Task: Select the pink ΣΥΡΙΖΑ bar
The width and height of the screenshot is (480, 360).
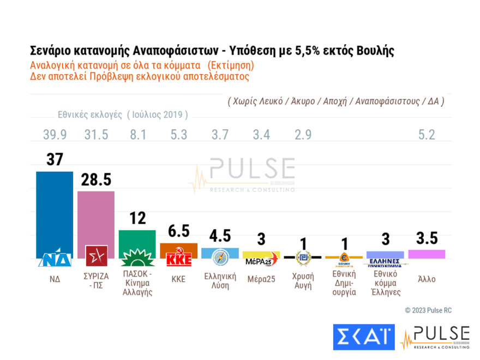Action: pos(96,218)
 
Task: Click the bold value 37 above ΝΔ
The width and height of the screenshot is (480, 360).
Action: pos(55,159)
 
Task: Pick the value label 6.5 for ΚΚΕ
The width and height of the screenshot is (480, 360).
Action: pos(178,232)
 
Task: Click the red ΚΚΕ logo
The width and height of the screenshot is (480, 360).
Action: pos(179,259)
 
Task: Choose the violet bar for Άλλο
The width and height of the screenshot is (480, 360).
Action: pos(427,254)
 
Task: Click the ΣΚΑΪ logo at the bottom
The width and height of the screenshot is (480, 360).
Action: pos(363,337)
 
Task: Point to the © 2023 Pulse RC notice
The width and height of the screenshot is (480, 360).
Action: pos(428,310)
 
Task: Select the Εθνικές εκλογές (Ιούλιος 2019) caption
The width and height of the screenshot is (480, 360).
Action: pos(123,115)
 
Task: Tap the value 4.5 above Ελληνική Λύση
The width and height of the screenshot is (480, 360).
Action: pos(220,236)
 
